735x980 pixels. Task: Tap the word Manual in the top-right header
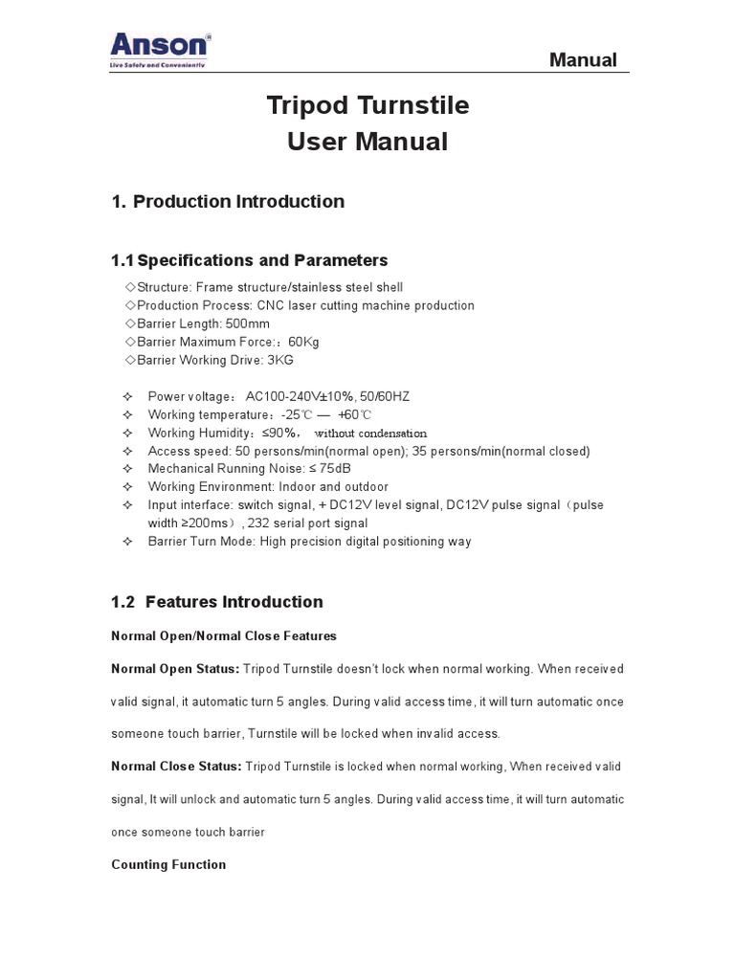582,60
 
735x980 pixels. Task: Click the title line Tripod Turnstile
367,105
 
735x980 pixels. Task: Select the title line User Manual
367,142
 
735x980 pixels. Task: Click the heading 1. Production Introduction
228,201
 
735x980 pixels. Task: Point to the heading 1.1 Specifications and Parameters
249,260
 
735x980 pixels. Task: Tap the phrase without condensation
370,434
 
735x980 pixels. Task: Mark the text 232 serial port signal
307,523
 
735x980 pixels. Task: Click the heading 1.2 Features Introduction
217,602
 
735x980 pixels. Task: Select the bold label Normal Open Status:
175,668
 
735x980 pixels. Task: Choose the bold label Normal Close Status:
176,767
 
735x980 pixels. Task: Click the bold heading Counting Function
168,864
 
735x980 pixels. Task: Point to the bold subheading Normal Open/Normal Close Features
224,635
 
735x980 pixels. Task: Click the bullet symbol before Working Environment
127,487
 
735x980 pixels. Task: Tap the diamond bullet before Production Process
130,306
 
